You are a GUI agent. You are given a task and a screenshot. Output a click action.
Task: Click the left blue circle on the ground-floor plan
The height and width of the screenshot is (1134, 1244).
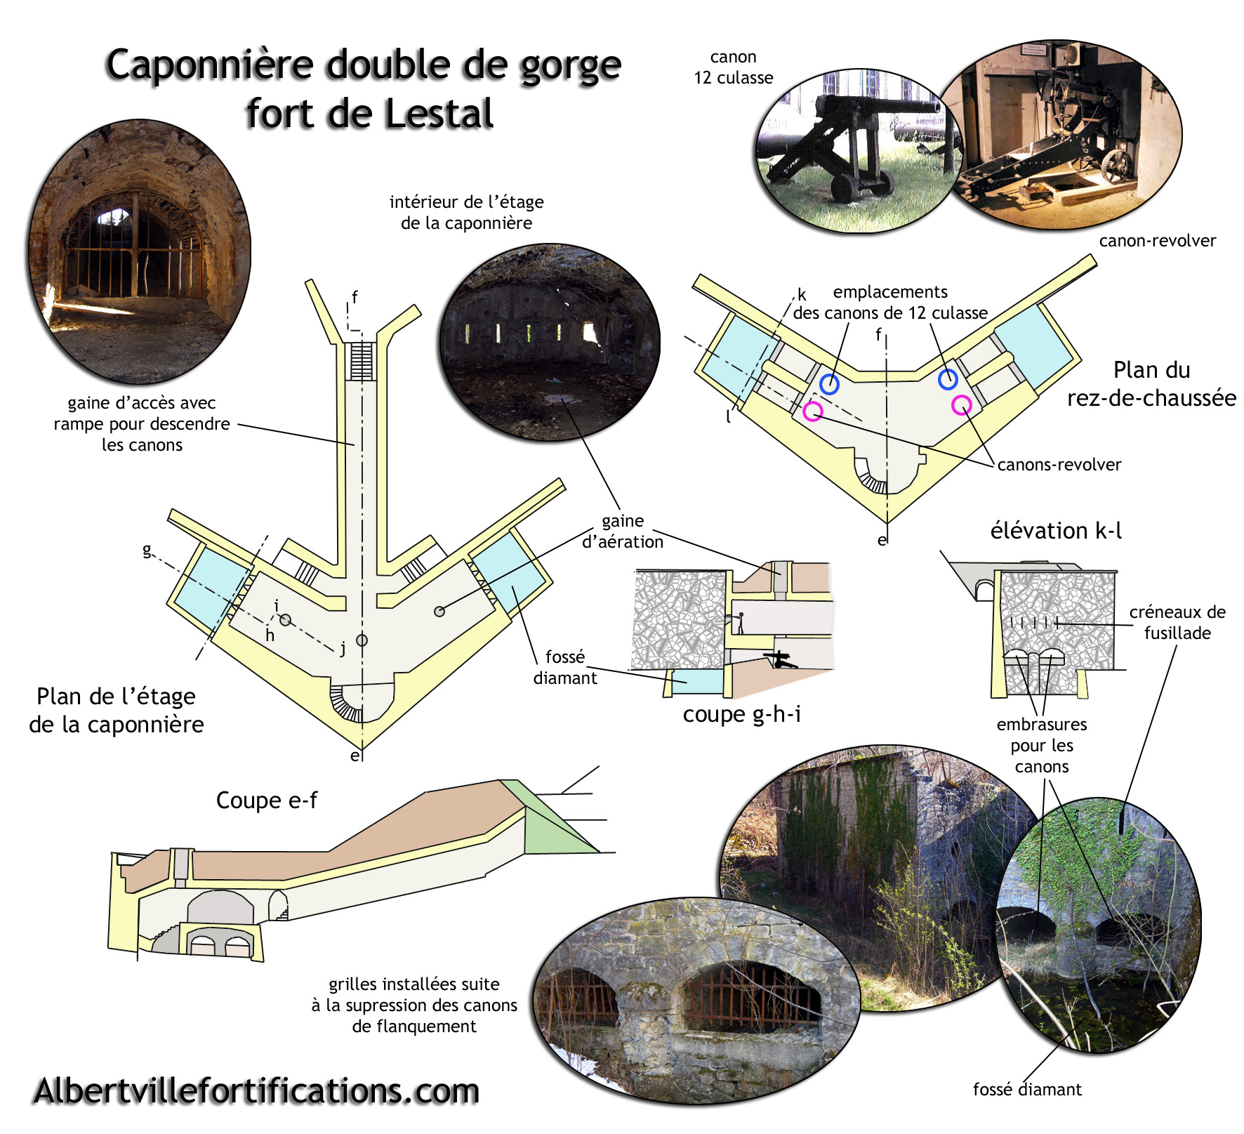829,384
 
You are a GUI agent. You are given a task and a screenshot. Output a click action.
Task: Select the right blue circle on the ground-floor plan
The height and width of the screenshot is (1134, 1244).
948,380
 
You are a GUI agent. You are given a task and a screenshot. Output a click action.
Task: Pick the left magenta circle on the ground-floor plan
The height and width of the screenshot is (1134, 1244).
813,411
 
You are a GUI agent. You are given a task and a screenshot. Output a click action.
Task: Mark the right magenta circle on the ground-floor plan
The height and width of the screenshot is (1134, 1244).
961,404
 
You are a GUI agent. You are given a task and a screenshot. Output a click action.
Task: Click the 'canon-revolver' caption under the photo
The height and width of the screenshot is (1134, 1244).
1157,241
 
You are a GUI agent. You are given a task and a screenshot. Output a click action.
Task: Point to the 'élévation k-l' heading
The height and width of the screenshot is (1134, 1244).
1055,531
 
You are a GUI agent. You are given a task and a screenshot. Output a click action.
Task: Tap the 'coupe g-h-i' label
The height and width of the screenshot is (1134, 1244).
741,714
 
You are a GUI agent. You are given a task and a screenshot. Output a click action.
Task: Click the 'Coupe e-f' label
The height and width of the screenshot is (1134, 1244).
266,800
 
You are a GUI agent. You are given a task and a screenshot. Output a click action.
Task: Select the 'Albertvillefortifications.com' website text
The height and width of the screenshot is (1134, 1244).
256,1091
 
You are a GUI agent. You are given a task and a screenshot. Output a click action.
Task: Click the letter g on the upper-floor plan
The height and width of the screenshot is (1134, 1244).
147,549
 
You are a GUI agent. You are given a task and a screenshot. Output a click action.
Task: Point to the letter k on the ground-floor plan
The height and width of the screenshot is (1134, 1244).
802,295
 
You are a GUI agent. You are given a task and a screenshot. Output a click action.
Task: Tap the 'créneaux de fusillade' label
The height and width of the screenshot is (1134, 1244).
1177,622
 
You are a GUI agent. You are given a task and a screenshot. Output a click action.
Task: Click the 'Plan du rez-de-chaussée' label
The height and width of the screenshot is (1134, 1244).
1151,383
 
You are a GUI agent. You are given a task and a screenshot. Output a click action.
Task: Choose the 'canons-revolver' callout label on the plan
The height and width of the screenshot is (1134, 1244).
1059,464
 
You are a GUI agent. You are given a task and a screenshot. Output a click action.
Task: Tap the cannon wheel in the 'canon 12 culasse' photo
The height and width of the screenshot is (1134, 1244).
845,188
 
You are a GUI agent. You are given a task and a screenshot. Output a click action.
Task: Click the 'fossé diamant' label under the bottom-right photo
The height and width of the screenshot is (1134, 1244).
1026,1089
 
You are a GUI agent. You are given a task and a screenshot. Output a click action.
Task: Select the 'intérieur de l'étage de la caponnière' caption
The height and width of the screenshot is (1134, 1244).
466,212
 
